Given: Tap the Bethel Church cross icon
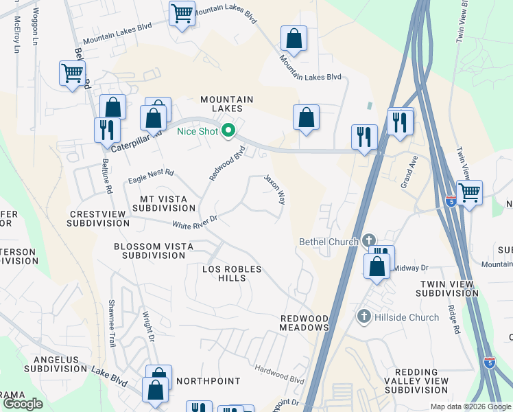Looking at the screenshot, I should [x=369, y=240].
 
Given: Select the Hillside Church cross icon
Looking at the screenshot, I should [x=363, y=317].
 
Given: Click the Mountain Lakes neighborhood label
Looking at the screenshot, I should [x=227, y=104].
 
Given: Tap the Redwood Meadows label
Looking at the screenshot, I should [x=305, y=323].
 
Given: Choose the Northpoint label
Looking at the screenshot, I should [x=208, y=380].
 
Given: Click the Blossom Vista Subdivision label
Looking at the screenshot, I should [x=154, y=251].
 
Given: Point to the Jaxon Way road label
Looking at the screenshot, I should [x=275, y=190].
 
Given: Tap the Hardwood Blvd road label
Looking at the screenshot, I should [x=279, y=374].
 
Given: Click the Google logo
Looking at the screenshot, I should [x=23, y=404].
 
